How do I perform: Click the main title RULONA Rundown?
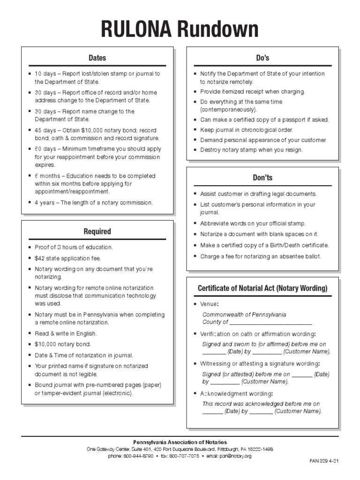(x=180, y=30)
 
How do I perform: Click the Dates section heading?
(x=97, y=58)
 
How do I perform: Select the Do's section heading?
(x=262, y=58)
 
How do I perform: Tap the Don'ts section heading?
(x=262, y=178)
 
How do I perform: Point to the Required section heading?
(x=97, y=232)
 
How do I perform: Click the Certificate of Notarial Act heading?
(x=262, y=288)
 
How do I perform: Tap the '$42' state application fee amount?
(x=40, y=258)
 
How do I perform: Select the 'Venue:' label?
(x=210, y=304)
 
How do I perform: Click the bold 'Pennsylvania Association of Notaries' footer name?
(x=180, y=442)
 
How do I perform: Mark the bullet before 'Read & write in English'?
(x=30, y=333)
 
